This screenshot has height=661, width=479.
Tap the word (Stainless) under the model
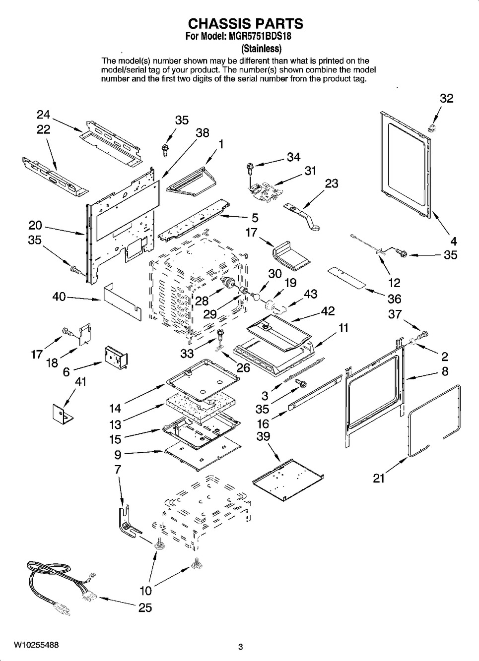click(x=261, y=49)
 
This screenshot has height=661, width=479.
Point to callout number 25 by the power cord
click(x=145, y=607)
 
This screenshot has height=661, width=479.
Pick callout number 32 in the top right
click(x=446, y=98)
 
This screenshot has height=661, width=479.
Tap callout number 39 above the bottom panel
click(x=264, y=436)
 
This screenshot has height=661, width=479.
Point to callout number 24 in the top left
click(x=44, y=115)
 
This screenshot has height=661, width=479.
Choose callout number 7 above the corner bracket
click(x=118, y=469)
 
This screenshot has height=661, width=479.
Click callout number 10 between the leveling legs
click(x=145, y=591)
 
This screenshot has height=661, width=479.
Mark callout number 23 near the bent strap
click(x=331, y=183)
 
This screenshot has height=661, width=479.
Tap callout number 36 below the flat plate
click(x=395, y=299)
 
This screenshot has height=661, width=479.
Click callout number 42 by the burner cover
click(x=328, y=311)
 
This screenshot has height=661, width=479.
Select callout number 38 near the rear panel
click(x=202, y=132)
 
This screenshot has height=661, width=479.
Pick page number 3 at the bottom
click(x=240, y=647)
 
